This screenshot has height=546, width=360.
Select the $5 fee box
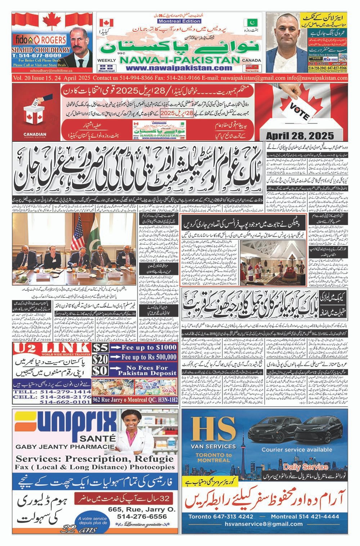point(100,347)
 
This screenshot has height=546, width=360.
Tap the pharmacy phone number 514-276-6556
point(142,516)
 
